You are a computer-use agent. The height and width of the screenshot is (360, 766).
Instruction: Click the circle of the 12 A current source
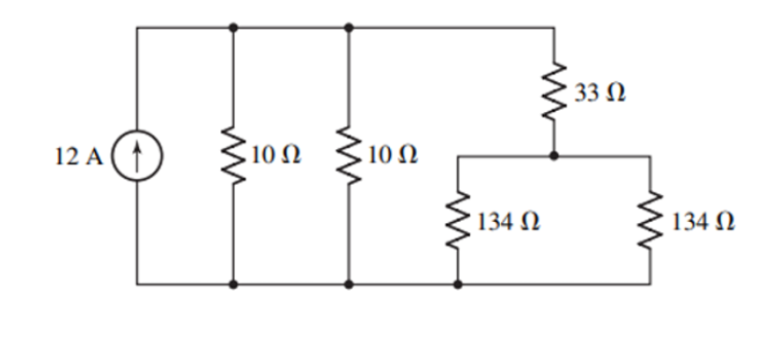[x=137, y=154]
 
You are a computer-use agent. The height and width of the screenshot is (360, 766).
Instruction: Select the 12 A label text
[x=82, y=155]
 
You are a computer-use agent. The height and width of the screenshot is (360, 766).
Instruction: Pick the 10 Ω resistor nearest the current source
[x=232, y=155]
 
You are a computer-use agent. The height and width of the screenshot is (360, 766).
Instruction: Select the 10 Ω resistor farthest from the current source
[x=348, y=155]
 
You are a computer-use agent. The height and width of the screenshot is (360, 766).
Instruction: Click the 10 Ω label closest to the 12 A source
[x=276, y=155]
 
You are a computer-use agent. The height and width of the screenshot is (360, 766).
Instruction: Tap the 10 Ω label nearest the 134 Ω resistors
[x=392, y=155]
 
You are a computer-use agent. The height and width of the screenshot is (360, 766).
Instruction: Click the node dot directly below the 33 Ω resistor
[x=555, y=157]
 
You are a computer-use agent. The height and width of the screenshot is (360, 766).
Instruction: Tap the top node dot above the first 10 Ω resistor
[x=232, y=28]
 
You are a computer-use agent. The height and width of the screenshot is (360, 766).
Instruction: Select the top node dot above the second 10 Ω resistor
[x=348, y=28]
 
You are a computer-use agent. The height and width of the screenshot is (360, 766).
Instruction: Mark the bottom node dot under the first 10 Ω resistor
[x=232, y=284]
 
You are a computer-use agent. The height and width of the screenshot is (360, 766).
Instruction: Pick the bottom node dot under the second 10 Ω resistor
[x=348, y=284]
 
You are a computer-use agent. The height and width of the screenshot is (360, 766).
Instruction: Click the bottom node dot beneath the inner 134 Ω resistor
[x=457, y=284]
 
